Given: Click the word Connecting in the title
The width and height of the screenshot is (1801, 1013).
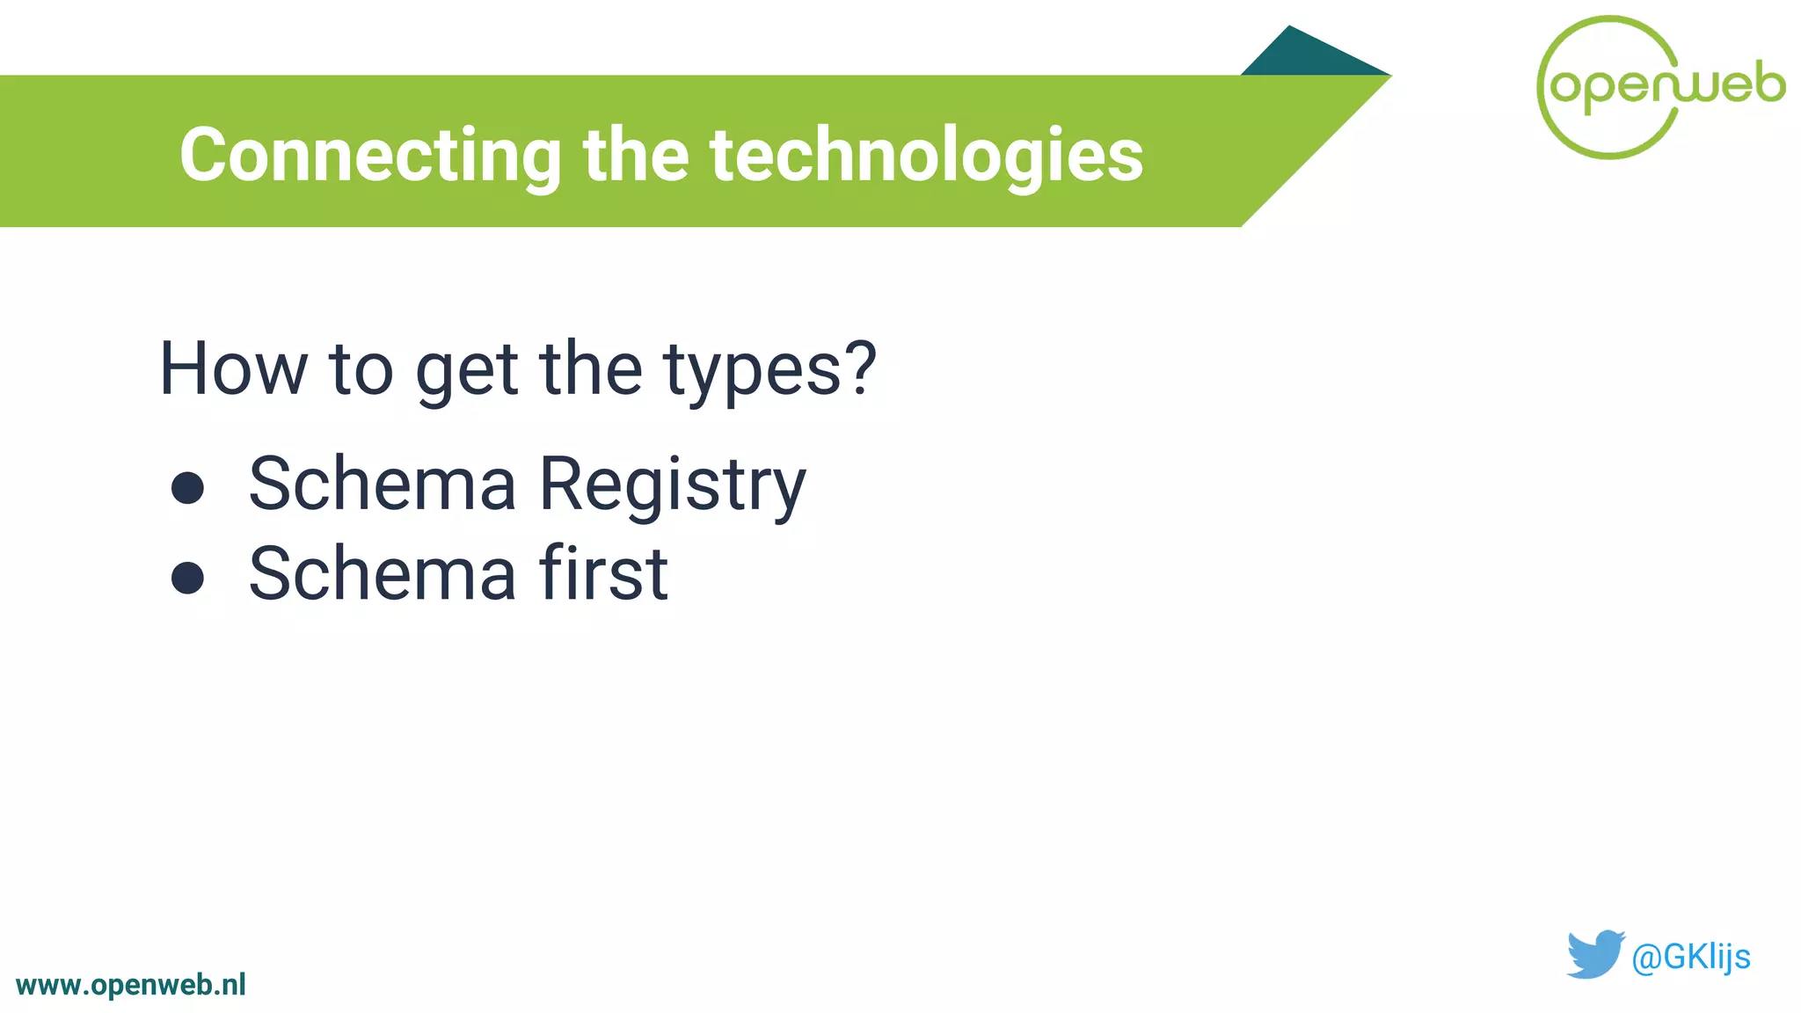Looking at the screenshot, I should pyautogui.click(x=370, y=156).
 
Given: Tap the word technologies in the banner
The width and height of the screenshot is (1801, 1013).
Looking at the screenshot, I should pyautogui.click(x=927, y=156).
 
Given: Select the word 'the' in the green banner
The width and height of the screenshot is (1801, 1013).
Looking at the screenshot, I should pyautogui.click(x=635, y=156).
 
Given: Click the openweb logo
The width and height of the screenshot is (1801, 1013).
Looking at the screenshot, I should pyautogui.click(x=1659, y=87).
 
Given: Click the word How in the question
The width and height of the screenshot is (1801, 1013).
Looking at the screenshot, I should pyautogui.click(x=232, y=369).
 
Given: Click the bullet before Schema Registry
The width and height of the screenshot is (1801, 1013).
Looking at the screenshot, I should pyautogui.click(x=187, y=488).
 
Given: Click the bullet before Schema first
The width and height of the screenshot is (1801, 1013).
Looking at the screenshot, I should pyautogui.click(x=187, y=578).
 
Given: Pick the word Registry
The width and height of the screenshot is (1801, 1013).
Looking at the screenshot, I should pyautogui.click(x=672, y=485).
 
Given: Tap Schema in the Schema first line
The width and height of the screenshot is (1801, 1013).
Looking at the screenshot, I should pyautogui.click(x=383, y=573).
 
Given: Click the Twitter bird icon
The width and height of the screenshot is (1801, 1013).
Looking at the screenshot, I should pyautogui.click(x=1593, y=954).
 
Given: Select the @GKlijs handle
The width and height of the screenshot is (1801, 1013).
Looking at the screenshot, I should pyautogui.click(x=1690, y=957).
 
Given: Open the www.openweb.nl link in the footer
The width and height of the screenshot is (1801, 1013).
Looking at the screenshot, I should pyautogui.click(x=131, y=985).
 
